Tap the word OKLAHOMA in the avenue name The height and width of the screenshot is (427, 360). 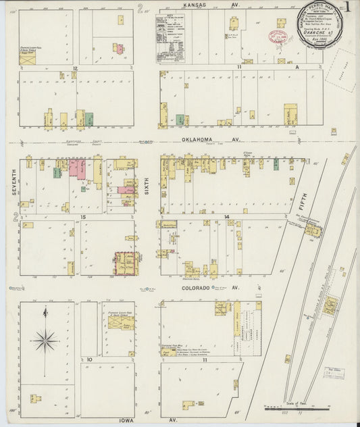coord(198,140)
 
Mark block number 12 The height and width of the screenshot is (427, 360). coord(76,68)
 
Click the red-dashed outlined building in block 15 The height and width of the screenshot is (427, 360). coord(125,263)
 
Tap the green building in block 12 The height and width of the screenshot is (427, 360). coord(89,120)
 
